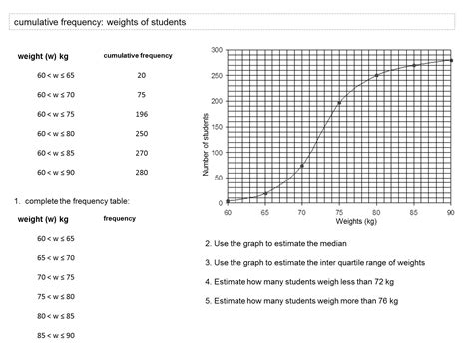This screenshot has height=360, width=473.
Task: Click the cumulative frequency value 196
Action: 141,114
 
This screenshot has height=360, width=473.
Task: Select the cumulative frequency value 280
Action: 141,172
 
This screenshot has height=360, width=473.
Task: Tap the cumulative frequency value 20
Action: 141,76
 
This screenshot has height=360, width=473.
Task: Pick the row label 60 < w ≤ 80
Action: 56,133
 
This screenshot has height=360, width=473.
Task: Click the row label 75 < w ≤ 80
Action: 56,296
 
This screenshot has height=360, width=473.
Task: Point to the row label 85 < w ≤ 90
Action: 56,334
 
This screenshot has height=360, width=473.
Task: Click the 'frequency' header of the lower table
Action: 120,218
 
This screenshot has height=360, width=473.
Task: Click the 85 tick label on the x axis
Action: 413,212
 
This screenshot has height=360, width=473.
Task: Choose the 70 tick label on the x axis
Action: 301,212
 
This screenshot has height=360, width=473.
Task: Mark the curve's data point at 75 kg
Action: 339,103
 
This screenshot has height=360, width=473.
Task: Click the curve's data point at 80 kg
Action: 376,76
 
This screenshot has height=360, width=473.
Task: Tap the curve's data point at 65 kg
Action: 264,193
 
